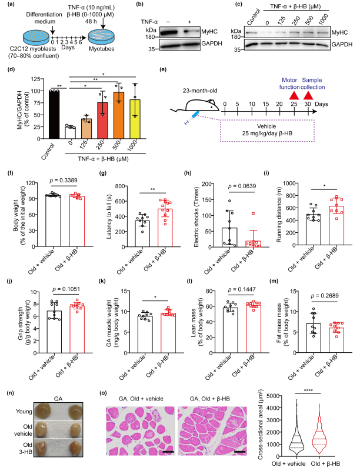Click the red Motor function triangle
(293, 95)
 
